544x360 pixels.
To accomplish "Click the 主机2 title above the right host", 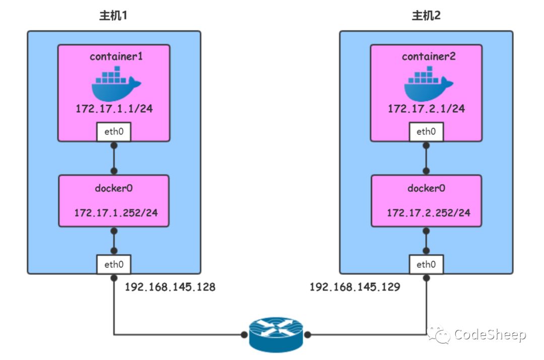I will pos(426,15).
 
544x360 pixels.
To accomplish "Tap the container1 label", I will pos(116,56).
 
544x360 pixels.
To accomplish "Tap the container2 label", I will pos(429,56).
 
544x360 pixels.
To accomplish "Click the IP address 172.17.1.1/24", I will pos(113,109).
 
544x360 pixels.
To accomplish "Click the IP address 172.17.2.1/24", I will pos(426,109).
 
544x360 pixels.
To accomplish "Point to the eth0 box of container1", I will pos(113,132).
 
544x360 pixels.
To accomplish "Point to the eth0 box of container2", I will pos(426,132).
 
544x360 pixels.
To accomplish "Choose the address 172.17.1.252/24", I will pos(116,212).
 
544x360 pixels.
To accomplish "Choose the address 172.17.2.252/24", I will pos(429,212).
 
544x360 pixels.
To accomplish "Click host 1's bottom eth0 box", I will pos(113,263).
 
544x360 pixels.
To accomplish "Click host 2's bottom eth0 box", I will pos(426,263).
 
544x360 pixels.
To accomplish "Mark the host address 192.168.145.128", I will pos(170,287).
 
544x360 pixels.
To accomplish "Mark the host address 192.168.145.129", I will pos(355,287).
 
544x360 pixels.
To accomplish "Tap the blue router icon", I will pos(276,333).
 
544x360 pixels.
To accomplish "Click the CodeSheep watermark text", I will pos(490,334).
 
